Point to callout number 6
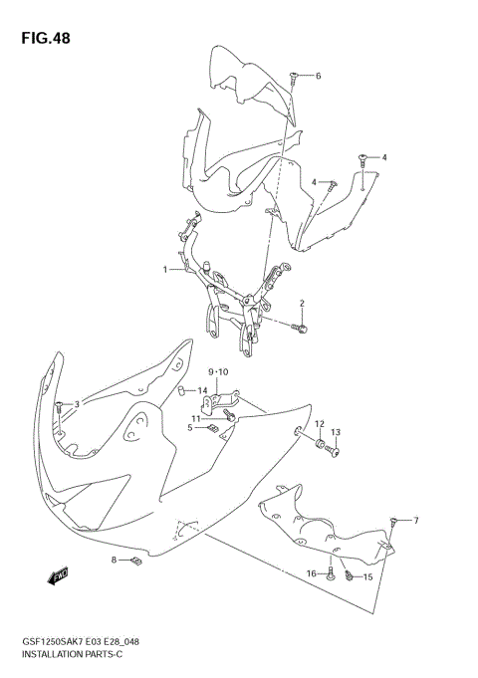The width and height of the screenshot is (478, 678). (x=318, y=76)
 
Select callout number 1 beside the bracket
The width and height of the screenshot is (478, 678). (x=166, y=269)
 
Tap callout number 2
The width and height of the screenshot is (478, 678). (x=301, y=303)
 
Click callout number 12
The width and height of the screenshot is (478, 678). (x=320, y=425)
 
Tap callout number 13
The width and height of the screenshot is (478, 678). (x=336, y=432)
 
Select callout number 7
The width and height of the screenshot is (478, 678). (x=416, y=521)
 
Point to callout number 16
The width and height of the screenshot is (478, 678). (x=311, y=573)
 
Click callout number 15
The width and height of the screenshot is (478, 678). (x=367, y=577)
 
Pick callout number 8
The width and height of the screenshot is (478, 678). (x=115, y=561)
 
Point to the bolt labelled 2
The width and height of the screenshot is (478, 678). (x=303, y=326)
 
